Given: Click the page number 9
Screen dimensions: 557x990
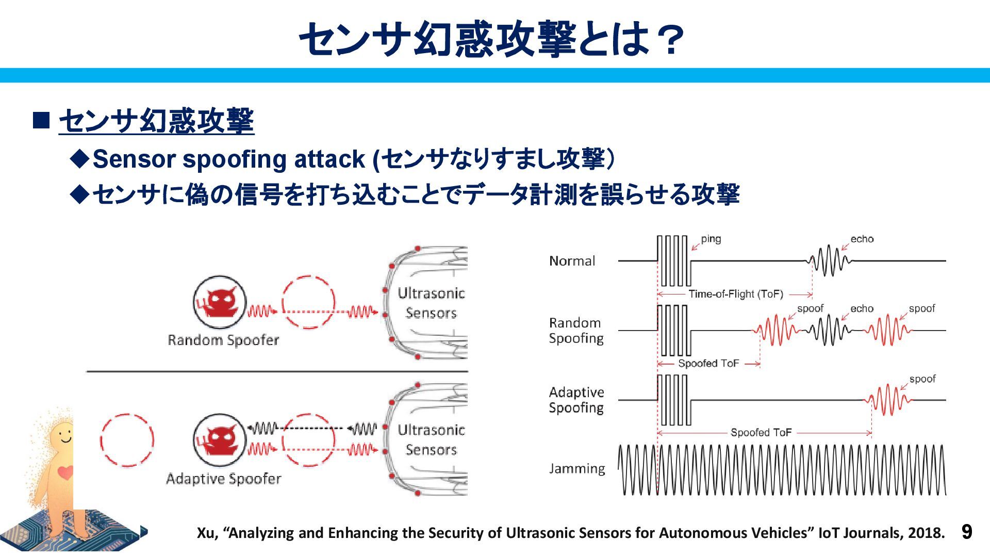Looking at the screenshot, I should (967, 532).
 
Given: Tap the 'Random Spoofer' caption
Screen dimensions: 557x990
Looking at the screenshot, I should (223, 340).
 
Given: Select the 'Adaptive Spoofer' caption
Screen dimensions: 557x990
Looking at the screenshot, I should (223, 479).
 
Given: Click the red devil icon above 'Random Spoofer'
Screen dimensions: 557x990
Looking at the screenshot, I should (220, 302).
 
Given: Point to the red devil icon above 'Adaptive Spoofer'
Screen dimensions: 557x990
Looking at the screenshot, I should (220, 440).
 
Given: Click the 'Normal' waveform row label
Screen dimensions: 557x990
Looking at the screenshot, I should (572, 261).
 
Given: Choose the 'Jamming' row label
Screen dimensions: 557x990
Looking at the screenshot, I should (577, 469).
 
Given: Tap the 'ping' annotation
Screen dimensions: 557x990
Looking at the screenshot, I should (711, 239).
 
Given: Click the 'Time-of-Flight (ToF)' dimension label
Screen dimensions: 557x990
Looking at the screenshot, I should (736, 294).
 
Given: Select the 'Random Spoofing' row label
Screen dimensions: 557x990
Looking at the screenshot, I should (576, 331).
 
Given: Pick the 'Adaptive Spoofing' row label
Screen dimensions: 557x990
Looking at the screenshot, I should (576, 400).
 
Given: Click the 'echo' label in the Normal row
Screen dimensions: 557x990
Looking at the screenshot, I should (862, 239).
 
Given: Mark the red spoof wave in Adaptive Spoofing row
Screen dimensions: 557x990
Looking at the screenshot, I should (888, 400).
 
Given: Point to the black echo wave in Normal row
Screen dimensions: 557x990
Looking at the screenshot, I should (829, 260).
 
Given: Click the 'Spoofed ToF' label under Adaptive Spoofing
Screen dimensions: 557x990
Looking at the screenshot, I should (761, 433).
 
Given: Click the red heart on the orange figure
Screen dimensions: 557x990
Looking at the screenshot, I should (65, 472).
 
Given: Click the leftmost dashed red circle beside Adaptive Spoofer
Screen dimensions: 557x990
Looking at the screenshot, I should (127, 440).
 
